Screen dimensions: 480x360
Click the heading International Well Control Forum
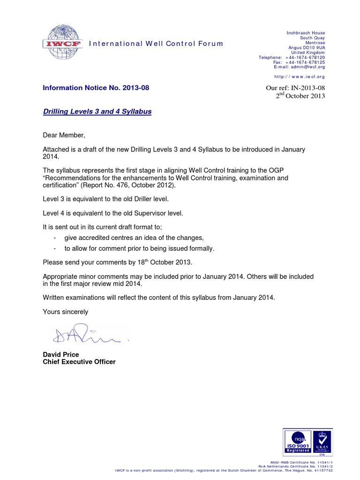coord(156,44)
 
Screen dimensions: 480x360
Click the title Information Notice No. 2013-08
coord(96,88)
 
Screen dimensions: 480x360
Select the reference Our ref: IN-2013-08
coord(295,88)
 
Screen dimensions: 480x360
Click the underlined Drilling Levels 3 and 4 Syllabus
coord(97,112)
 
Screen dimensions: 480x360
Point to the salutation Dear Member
coord(64,135)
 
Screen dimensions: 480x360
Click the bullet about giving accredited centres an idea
coord(134,238)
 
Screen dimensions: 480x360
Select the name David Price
coord(61,354)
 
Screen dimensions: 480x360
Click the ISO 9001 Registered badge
coord(298,442)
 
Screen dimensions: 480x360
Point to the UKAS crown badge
coord(322,442)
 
